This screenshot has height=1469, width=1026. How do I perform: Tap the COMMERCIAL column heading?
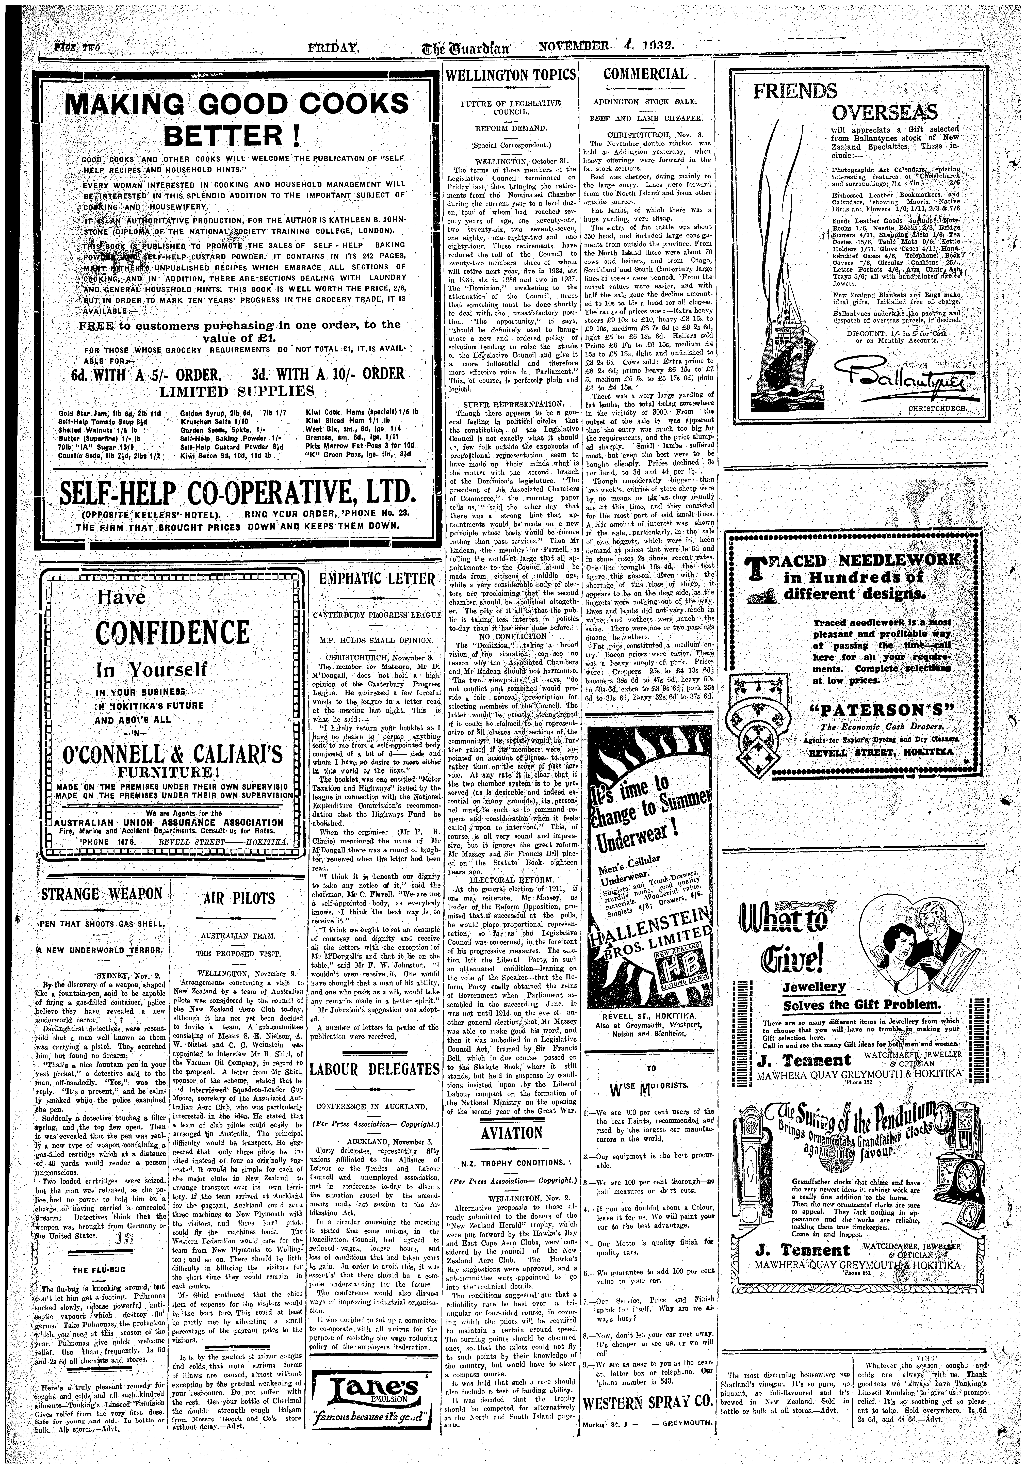pos(645,74)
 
